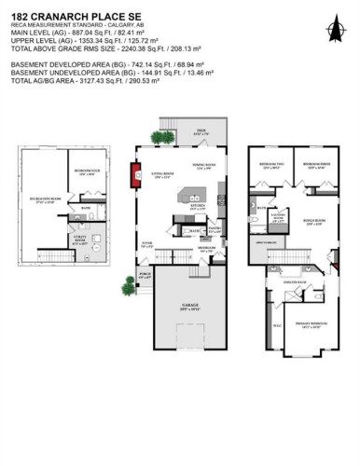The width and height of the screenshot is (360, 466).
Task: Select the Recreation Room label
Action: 42,199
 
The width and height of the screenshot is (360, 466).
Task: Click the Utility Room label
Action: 82,245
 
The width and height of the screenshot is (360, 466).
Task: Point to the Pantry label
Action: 214,229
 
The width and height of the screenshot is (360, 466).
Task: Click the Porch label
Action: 145,275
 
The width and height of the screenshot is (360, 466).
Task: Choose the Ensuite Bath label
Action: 291,281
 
